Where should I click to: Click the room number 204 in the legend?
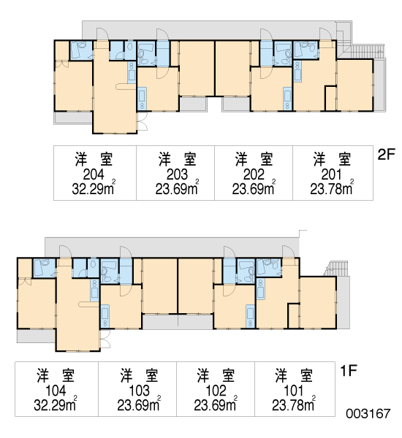tap(94, 175)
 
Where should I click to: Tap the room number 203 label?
tap(177, 175)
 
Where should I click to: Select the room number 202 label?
tap(254, 175)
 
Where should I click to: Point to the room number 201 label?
tap(332, 175)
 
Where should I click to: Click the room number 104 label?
tap(56, 391)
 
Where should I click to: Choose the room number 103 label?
tap(139, 391)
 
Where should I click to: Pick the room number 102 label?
tap(216, 391)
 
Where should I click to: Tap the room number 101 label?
tap(293, 391)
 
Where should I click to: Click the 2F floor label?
tap(386, 155)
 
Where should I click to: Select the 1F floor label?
tap(349, 371)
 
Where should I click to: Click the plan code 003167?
tap(368, 414)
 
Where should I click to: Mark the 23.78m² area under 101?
tap(294, 404)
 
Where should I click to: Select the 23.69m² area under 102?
tap(216, 404)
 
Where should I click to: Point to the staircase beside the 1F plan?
tap(337, 268)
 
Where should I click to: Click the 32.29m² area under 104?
tap(56, 404)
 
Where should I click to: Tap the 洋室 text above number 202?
tap(254, 159)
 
